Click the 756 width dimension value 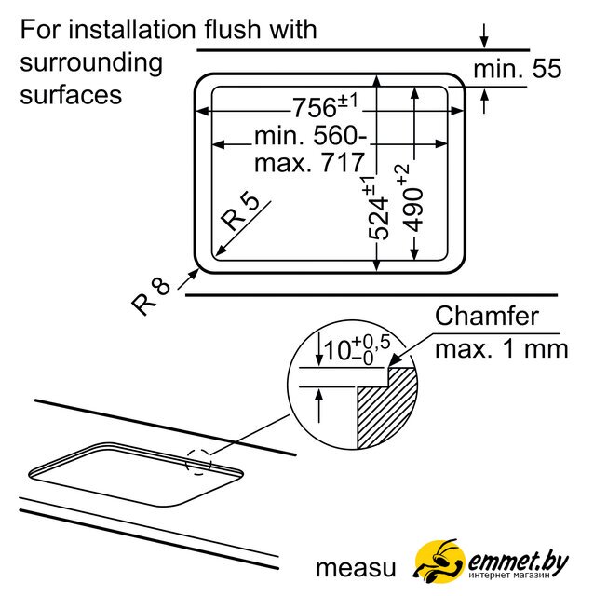315,107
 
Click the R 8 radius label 151,296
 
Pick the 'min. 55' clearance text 518,69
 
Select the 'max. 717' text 310,163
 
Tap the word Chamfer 486,316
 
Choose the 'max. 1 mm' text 501,348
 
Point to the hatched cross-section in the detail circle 386,408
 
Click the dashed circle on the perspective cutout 198,462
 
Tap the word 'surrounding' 91,63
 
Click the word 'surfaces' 71,95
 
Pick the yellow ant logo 439,561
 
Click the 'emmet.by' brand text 519,562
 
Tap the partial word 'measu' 356,569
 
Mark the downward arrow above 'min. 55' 484,36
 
